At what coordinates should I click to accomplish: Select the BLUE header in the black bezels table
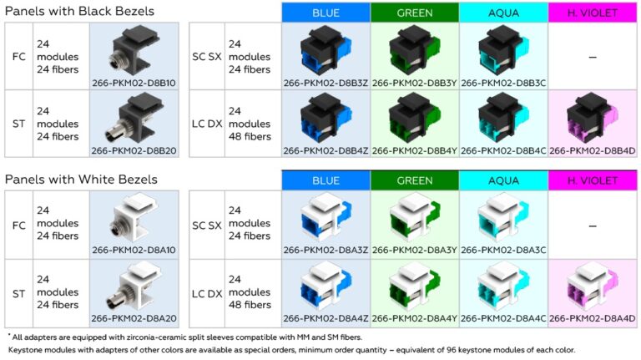tap(326, 13)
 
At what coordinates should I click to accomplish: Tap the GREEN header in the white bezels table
tap(414, 180)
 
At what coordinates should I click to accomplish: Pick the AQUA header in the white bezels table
tap(502, 180)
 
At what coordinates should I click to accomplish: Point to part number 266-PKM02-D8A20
tap(133, 317)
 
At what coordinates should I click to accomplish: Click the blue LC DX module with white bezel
tap(325, 286)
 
